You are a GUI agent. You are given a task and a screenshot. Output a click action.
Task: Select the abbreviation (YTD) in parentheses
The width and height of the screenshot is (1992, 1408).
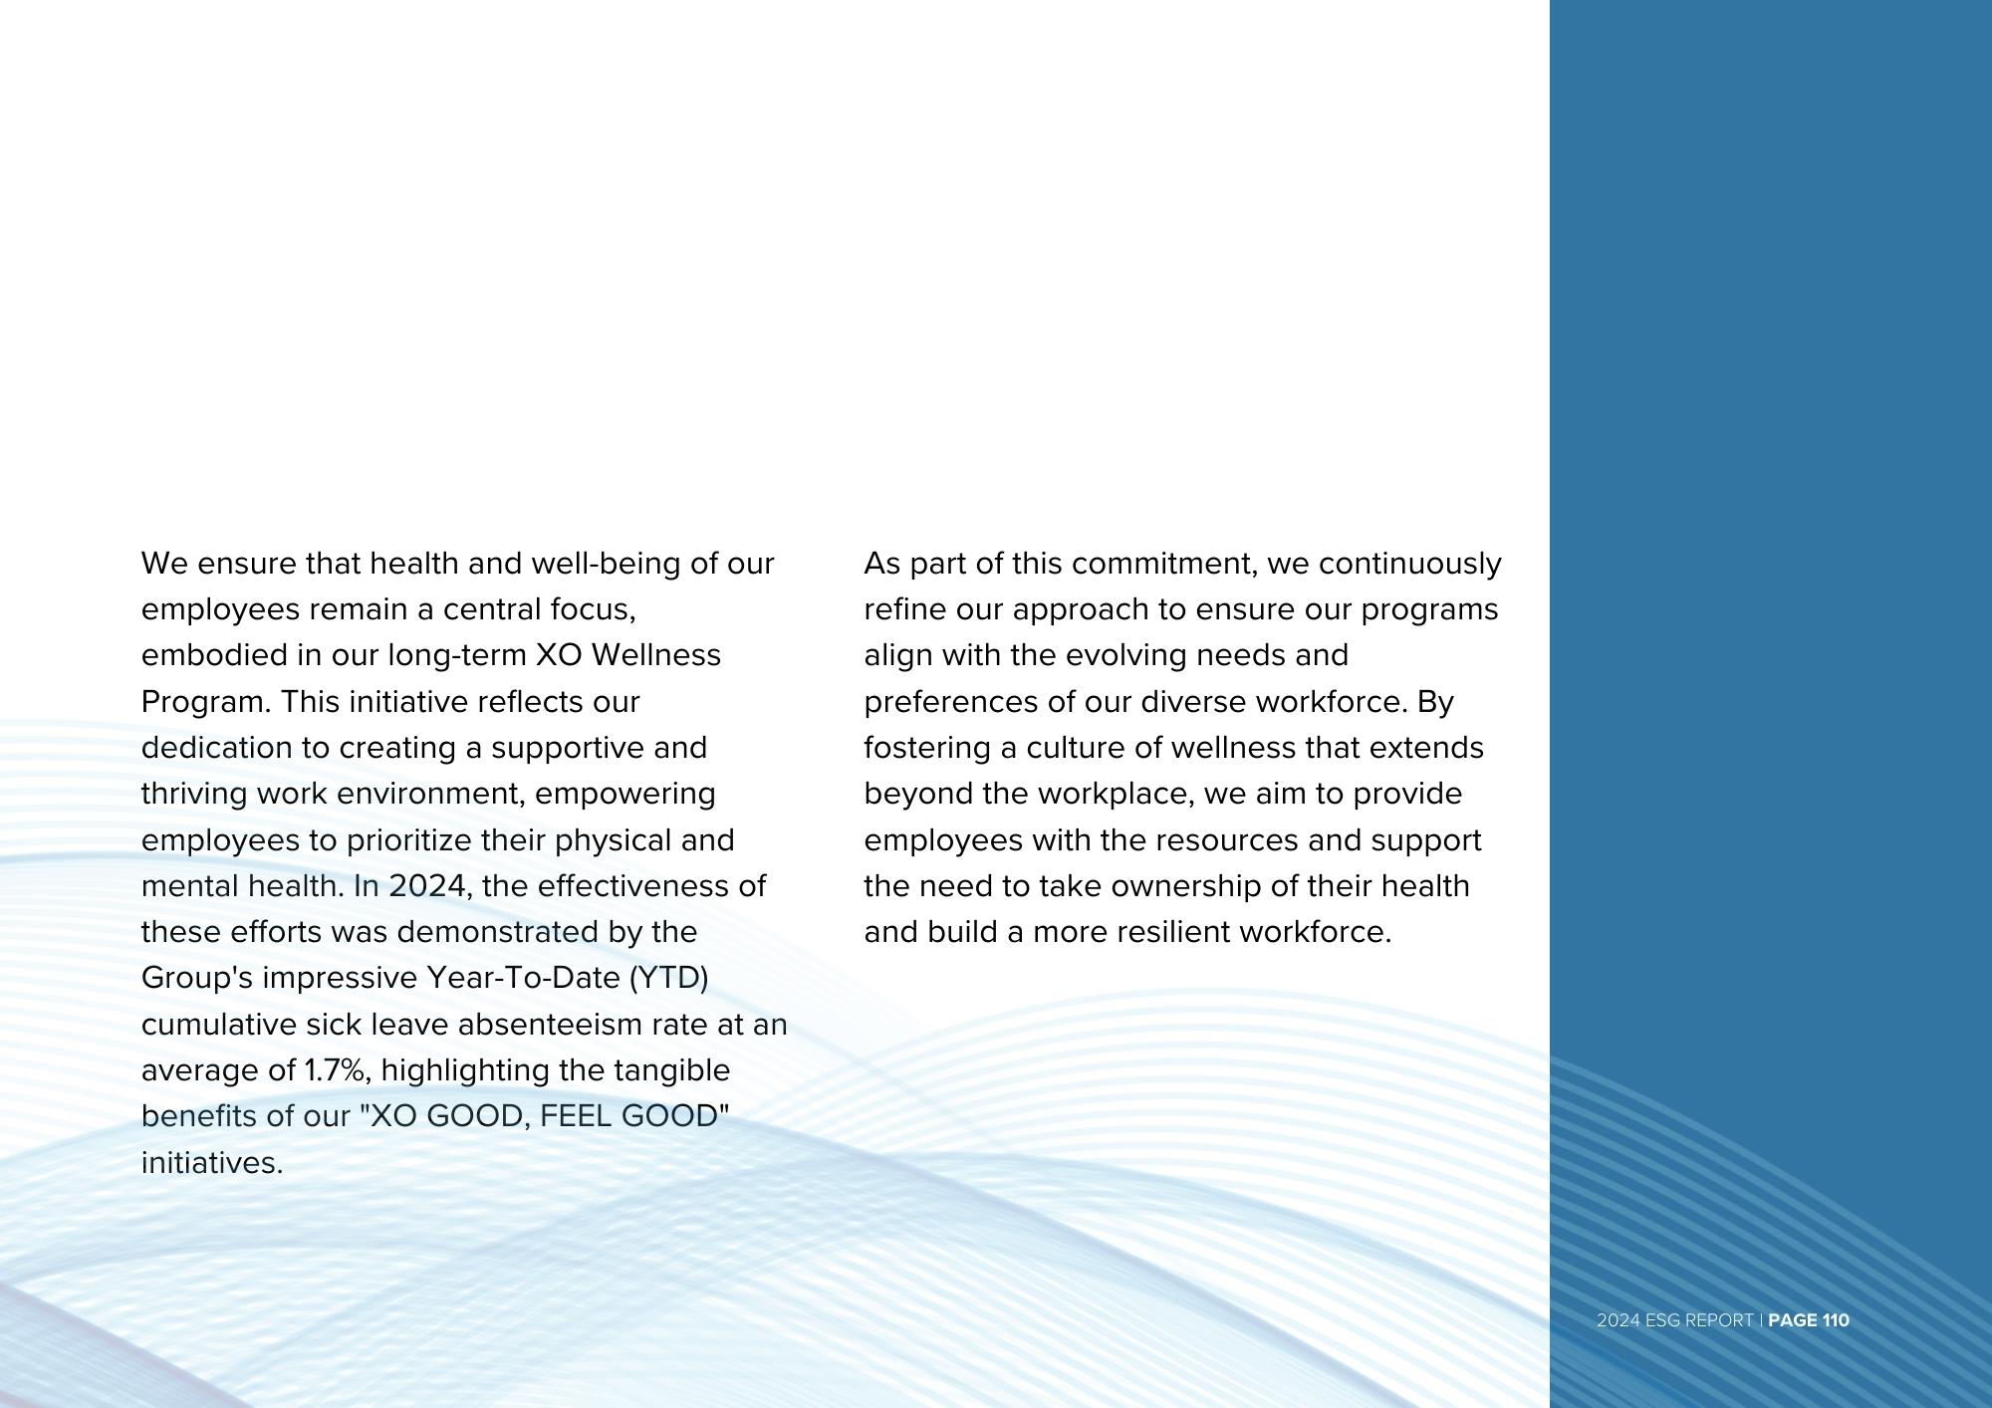click(668, 978)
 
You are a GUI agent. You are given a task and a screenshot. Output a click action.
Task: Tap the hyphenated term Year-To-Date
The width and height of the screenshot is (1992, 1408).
click(524, 978)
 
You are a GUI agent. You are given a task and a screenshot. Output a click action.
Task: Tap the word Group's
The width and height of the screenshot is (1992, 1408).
click(197, 978)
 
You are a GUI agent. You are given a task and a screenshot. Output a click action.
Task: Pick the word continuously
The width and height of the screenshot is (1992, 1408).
click(1409, 564)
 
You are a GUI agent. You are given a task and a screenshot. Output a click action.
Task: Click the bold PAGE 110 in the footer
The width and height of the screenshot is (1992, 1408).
click(1809, 1320)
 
